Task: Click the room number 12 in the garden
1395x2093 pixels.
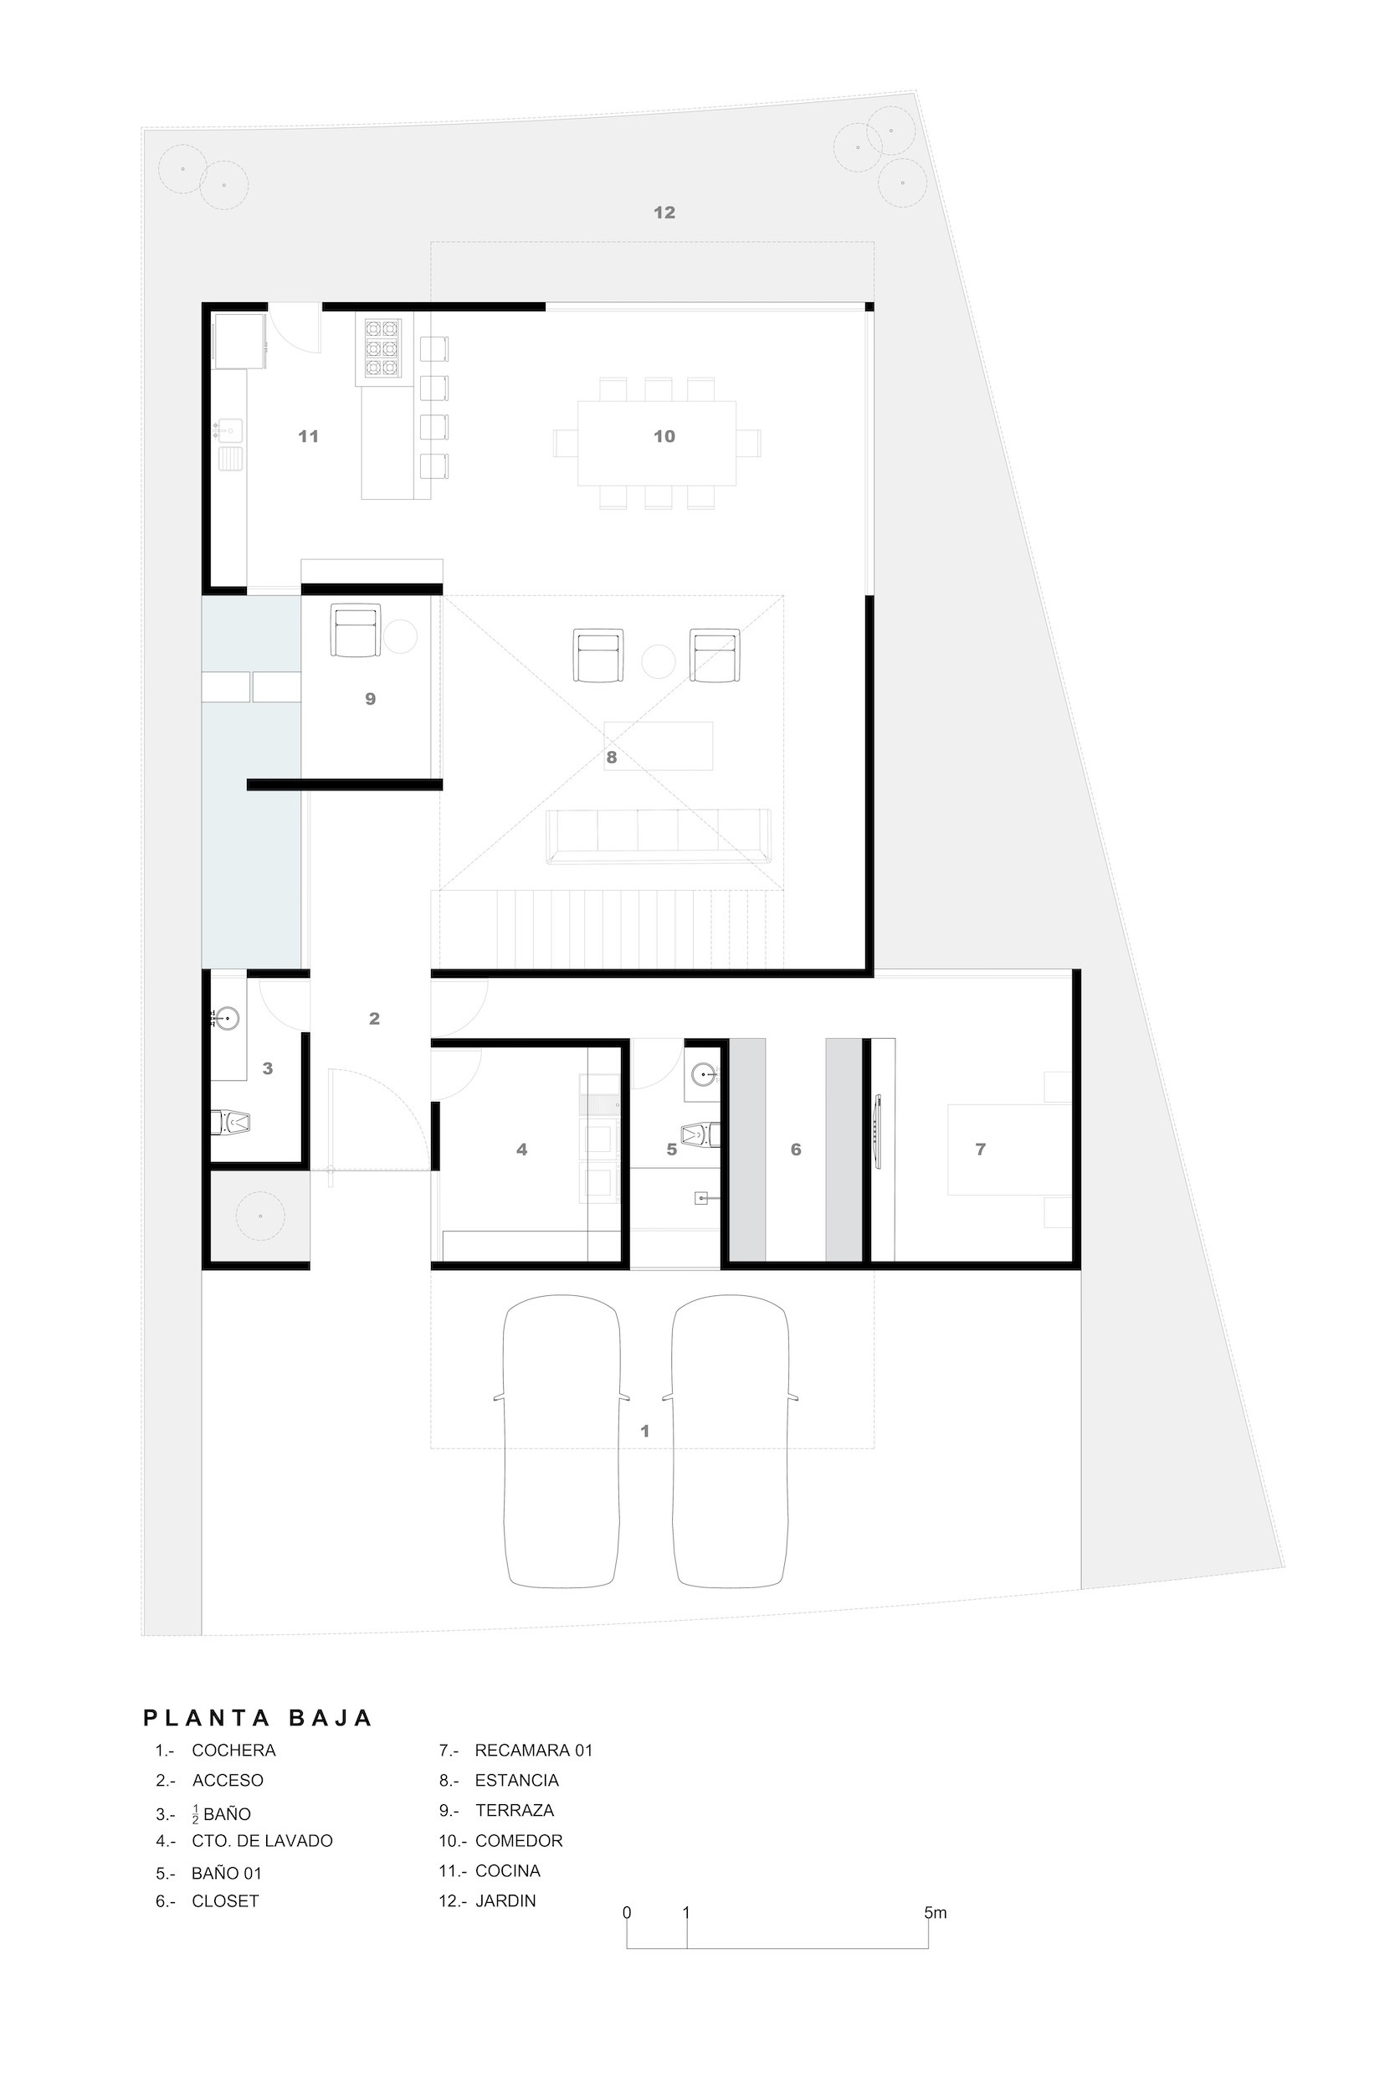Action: pyautogui.click(x=664, y=213)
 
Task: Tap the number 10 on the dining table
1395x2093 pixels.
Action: pyautogui.click(x=664, y=436)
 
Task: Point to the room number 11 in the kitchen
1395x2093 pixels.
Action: pyautogui.click(x=308, y=436)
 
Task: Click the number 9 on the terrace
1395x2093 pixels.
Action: pyautogui.click(x=370, y=699)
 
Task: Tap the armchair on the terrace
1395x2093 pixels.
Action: pyautogui.click(x=356, y=630)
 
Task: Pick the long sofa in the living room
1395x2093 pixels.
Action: pyautogui.click(x=659, y=836)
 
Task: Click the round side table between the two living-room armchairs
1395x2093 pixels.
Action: pyautogui.click(x=659, y=662)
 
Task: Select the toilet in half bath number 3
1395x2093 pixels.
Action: pyautogui.click(x=230, y=1123)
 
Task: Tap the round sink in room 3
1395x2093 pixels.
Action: pyautogui.click(x=228, y=1017)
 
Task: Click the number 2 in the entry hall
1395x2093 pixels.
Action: pyautogui.click(x=374, y=1019)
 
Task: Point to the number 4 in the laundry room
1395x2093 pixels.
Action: pyautogui.click(x=521, y=1149)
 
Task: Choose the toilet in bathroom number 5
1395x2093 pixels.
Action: pyautogui.click(x=701, y=1134)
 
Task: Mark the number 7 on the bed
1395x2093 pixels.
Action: pyautogui.click(x=981, y=1149)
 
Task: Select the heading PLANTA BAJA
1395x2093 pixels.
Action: pyautogui.click(x=258, y=1717)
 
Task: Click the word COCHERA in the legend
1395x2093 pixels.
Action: pyautogui.click(x=234, y=1751)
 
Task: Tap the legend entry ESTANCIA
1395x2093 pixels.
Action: pyautogui.click(x=517, y=1781)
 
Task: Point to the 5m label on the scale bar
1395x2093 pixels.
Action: pyautogui.click(x=935, y=1912)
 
